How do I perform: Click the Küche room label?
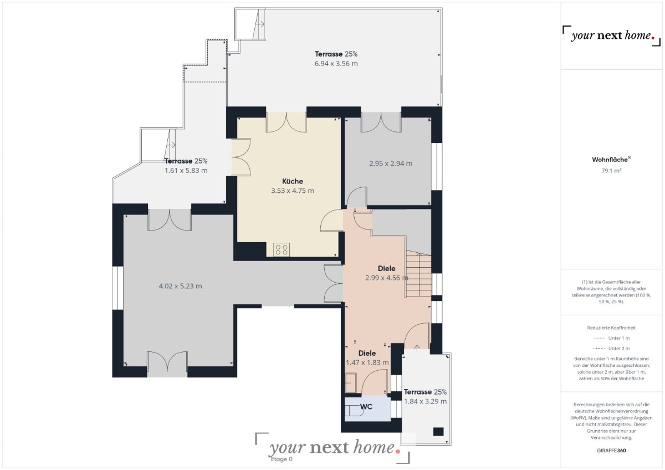click(x=293, y=181)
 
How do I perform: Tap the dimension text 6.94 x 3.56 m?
click(x=336, y=64)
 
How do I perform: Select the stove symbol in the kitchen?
click(x=282, y=250)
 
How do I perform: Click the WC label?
click(x=366, y=406)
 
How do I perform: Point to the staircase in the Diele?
click(x=418, y=274)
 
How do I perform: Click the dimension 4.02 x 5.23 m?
click(x=180, y=286)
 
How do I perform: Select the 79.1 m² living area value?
click(x=611, y=171)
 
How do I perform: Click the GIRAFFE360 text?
click(x=611, y=451)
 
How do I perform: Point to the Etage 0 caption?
click(x=282, y=459)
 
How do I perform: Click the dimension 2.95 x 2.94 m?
click(x=390, y=164)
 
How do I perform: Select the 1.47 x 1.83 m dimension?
click(x=367, y=362)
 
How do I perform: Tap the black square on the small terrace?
click(x=438, y=431)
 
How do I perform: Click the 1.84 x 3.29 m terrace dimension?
click(x=425, y=401)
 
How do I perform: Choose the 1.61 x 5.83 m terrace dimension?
click(x=186, y=171)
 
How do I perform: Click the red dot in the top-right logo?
click(x=653, y=38)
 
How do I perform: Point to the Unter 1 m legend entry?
click(x=611, y=338)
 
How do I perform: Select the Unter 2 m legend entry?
click(x=611, y=348)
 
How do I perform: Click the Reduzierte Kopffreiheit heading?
click(x=611, y=328)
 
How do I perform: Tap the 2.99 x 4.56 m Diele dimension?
click(x=387, y=278)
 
